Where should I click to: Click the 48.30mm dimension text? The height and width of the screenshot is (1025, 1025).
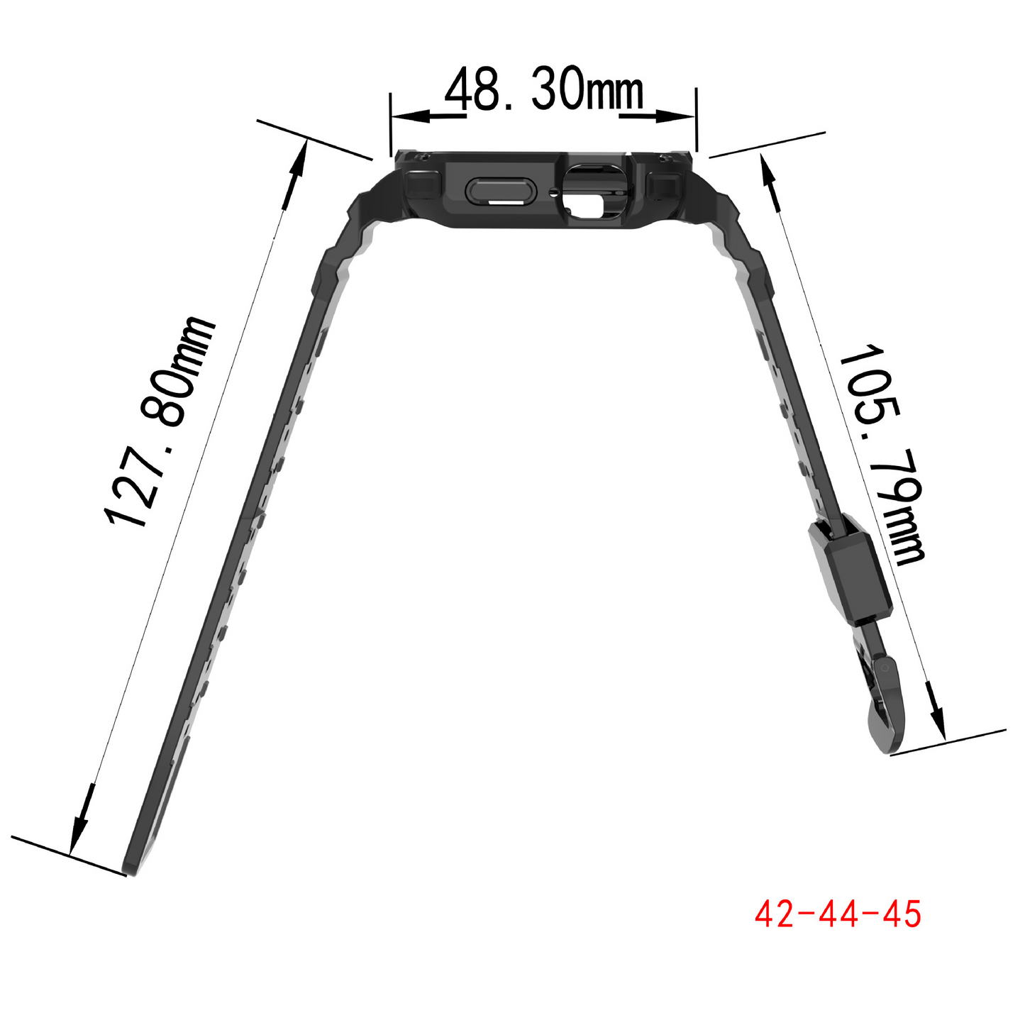pyautogui.click(x=544, y=90)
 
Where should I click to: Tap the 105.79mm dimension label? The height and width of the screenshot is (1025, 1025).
pyautogui.click(x=882, y=454)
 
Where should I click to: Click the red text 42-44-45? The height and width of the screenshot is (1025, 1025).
pyautogui.click(x=838, y=914)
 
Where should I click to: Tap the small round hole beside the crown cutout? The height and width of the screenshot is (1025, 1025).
pyautogui.click(x=553, y=190)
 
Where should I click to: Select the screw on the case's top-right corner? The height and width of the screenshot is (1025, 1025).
pyautogui.click(x=665, y=157)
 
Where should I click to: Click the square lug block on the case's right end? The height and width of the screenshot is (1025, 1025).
pyautogui.click(x=665, y=186)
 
